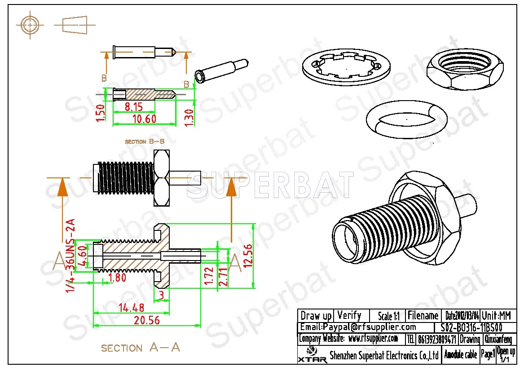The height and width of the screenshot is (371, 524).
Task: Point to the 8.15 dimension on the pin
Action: [x=134, y=107]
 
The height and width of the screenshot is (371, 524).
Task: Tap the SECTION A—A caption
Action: [x=140, y=348]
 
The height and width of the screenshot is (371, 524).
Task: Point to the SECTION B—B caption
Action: [x=145, y=141]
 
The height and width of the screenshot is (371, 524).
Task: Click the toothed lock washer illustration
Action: [x=346, y=67]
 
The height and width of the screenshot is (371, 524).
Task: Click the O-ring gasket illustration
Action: [x=407, y=119]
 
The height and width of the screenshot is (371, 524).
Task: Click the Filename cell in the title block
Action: [x=423, y=315]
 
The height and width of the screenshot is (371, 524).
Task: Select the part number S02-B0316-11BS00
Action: [x=476, y=327]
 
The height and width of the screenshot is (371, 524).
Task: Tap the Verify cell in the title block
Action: [x=349, y=315]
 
